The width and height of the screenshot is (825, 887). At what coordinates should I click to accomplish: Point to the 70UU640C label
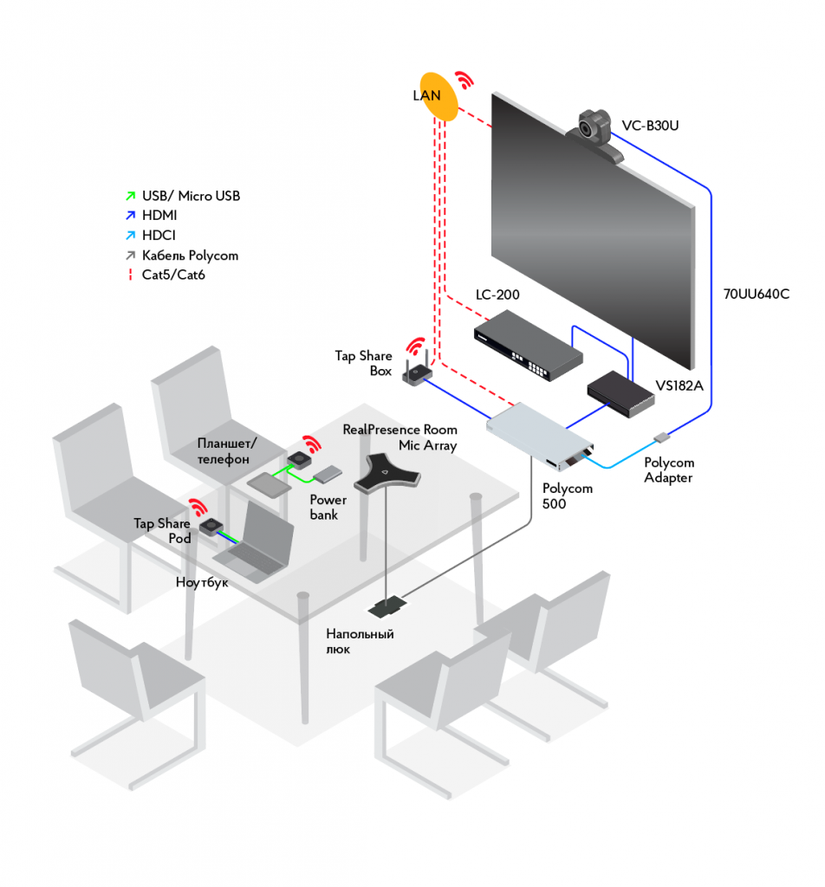[x=757, y=294]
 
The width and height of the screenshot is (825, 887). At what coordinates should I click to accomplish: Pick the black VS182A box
[x=620, y=394]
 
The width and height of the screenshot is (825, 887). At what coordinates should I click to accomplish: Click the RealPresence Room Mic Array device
[x=387, y=474]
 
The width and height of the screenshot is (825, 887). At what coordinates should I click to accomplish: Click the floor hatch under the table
[x=386, y=606]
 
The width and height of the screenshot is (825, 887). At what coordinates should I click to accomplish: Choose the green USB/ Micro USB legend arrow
[x=129, y=196]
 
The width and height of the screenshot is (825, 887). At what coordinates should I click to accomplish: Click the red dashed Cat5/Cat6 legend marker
[x=129, y=275]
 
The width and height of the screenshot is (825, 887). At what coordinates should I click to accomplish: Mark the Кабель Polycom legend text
[x=190, y=256]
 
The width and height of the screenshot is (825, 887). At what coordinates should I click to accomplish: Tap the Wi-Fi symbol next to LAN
[x=465, y=81]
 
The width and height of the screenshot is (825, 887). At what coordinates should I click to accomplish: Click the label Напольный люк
[x=360, y=642]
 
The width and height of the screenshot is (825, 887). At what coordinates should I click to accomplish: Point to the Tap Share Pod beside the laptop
[x=210, y=525]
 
